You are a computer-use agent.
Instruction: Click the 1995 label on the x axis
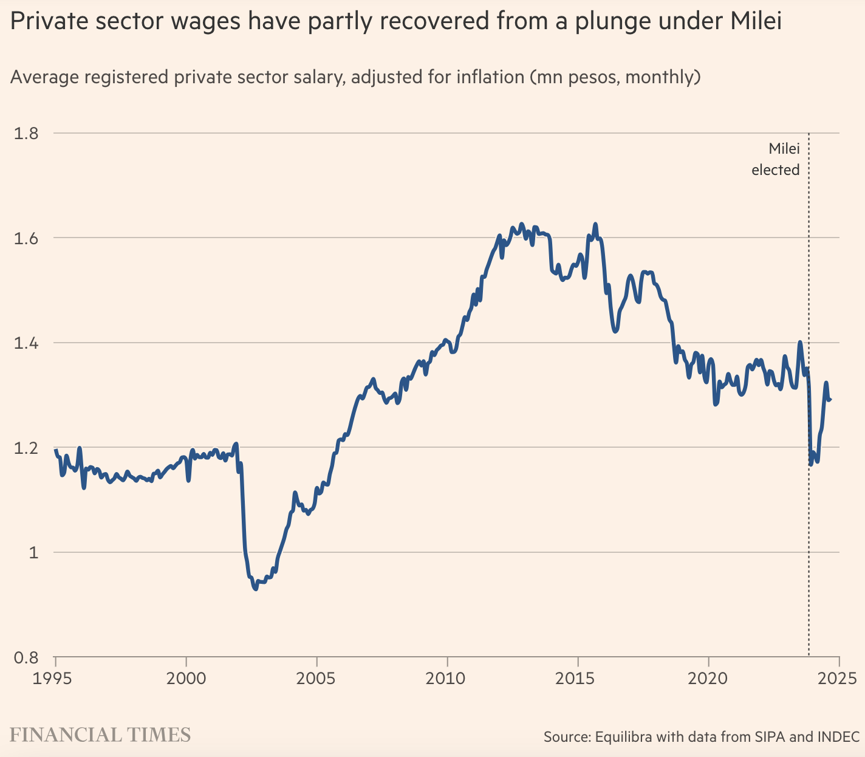pos(55,678)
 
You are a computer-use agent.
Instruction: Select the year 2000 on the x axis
pos(186,678)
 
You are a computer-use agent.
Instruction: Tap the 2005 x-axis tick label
pos(316,678)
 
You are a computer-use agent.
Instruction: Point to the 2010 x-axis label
pos(447,678)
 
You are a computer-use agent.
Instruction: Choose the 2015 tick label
pos(578,678)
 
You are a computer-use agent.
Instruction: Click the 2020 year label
pos(708,678)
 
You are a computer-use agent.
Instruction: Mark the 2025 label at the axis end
pos(839,678)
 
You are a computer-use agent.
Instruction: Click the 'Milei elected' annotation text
pos(776,159)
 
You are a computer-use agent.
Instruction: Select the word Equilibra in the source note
pos(624,737)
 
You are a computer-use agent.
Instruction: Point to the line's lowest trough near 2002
pos(256,589)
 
